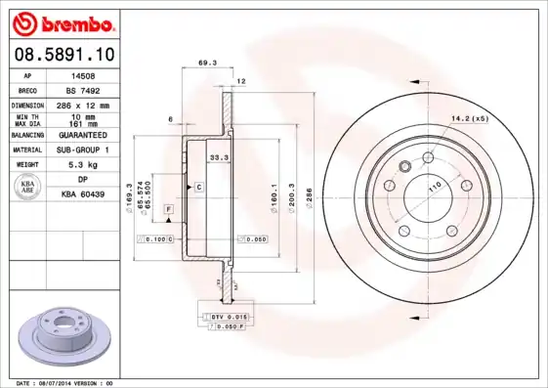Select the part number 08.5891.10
63,57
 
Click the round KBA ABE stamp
29,188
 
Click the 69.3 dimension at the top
207,63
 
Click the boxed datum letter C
198,186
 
